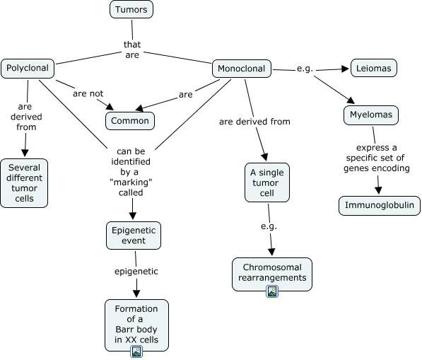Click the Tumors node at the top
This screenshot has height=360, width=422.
tap(131, 9)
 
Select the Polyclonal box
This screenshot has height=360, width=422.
tap(28, 69)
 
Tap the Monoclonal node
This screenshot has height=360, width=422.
tap(242, 69)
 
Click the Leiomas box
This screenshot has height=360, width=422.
tap(373, 68)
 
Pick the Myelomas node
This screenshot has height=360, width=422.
tap(371, 115)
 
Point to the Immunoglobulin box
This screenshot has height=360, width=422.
tap(379, 205)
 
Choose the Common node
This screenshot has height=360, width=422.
tap(130, 121)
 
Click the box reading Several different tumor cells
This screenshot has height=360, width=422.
tap(24, 183)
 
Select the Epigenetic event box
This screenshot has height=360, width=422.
tap(134, 236)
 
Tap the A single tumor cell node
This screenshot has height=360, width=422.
tap(267, 182)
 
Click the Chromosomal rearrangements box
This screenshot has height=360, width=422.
tap(272, 274)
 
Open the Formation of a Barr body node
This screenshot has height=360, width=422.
tap(136, 325)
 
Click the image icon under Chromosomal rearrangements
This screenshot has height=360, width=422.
tap(272, 291)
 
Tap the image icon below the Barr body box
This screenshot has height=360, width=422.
tap(136, 352)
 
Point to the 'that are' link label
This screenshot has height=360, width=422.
tap(132, 50)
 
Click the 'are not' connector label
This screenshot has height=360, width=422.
tap(88, 93)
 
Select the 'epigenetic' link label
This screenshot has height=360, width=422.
tap(136, 271)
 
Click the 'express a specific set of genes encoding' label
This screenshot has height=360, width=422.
tap(376, 158)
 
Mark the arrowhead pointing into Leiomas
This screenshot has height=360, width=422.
tap(345, 69)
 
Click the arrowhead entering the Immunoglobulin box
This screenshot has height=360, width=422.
tap(378, 190)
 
